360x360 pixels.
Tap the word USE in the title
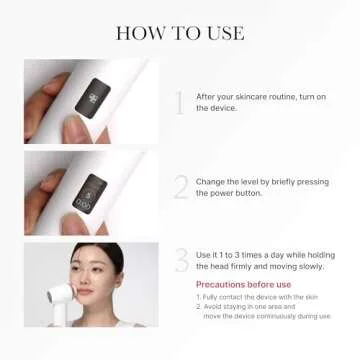point(224,32)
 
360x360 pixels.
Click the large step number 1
point(180,101)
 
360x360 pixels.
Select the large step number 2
point(180,186)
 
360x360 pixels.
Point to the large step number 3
point(181,260)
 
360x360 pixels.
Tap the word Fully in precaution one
point(214,297)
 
